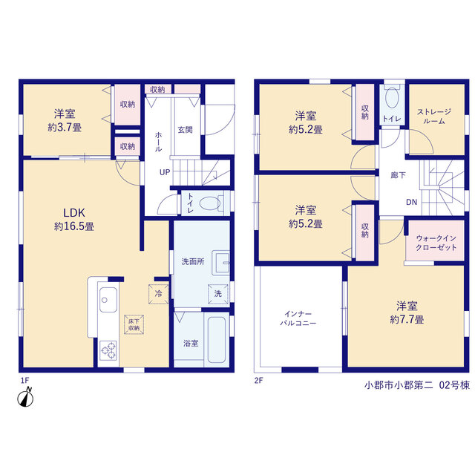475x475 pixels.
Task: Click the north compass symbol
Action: click(x=25, y=397)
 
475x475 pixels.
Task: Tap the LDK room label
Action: click(x=74, y=213)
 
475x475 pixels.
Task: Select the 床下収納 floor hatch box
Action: click(x=134, y=324)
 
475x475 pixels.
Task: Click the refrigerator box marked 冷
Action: click(x=158, y=294)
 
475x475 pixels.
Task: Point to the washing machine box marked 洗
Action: click(x=217, y=294)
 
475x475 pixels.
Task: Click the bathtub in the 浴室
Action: click(x=217, y=340)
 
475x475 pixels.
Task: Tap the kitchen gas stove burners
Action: click(x=108, y=350)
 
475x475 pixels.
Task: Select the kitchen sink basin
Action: click(x=108, y=300)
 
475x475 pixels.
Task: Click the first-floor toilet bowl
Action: click(x=210, y=203)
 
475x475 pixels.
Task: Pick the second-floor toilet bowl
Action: click(x=393, y=98)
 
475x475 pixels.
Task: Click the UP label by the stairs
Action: click(x=165, y=172)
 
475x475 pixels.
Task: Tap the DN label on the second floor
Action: click(x=411, y=202)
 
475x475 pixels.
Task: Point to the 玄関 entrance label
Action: click(x=185, y=130)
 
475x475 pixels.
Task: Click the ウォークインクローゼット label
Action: click(x=436, y=243)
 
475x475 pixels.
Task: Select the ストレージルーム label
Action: click(x=434, y=117)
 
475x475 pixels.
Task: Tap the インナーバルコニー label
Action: click(x=298, y=318)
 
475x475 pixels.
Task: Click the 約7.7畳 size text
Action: click(x=407, y=319)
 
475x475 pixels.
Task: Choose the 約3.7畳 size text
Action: click(x=65, y=128)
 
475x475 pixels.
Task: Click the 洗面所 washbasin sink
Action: click(x=221, y=263)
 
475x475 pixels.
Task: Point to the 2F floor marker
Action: click(x=258, y=381)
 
